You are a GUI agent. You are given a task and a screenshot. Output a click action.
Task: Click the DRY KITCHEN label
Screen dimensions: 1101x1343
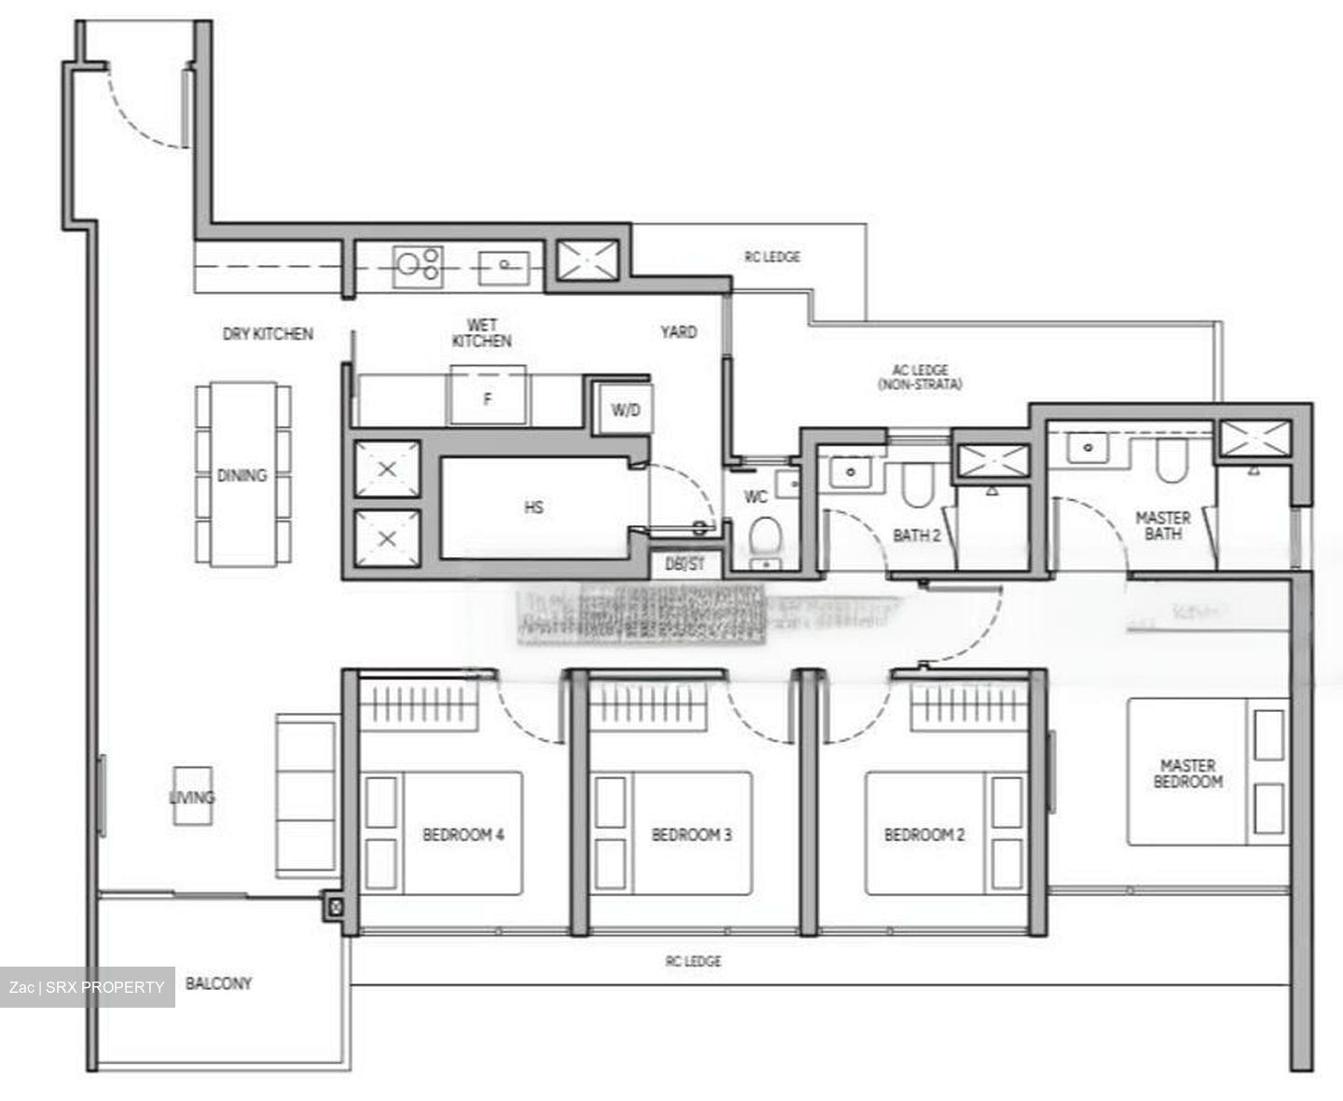coord(268,333)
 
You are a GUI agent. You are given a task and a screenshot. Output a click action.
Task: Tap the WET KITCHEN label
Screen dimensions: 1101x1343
coord(481,333)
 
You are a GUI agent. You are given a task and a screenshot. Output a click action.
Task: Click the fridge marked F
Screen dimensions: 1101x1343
coord(487,398)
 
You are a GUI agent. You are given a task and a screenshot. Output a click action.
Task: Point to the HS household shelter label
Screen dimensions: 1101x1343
coord(533,508)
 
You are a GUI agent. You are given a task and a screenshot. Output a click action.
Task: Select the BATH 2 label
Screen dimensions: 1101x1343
coord(917,536)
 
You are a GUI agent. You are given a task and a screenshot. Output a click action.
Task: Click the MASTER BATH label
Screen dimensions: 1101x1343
coord(1163,525)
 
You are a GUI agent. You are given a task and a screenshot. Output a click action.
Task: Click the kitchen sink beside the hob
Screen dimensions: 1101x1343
coord(504,266)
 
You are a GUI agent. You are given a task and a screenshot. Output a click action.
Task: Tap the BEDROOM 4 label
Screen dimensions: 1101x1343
coord(464,834)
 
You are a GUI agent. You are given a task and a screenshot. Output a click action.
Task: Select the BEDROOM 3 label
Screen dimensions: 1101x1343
coord(692,834)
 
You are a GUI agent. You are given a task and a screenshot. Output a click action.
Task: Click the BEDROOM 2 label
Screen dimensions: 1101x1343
coord(924,834)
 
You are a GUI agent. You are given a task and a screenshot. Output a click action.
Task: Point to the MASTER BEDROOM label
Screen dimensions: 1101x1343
coord(1187,773)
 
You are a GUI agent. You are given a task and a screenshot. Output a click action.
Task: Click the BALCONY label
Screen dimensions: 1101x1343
coord(218,983)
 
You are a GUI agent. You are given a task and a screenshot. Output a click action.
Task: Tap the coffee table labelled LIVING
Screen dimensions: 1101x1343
coord(192,797)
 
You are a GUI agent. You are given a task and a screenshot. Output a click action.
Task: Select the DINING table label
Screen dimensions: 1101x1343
coord(242,475)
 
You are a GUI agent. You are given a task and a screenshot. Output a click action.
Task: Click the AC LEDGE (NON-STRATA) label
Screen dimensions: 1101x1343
coord(920,377)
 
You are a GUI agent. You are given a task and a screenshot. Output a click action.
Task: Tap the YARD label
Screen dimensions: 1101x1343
coord(678,331)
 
